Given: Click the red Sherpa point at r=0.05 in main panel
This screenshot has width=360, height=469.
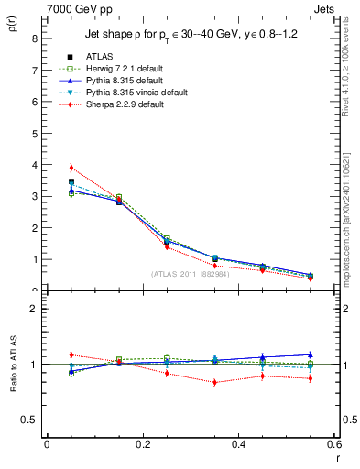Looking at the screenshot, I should point(71,168).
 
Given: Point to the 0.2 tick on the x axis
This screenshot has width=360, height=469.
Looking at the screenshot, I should point(143,443).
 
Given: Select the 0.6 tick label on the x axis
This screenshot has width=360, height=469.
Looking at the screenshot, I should point(334,443).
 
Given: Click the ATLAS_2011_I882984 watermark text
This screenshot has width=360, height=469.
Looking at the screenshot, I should point(190,274).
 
